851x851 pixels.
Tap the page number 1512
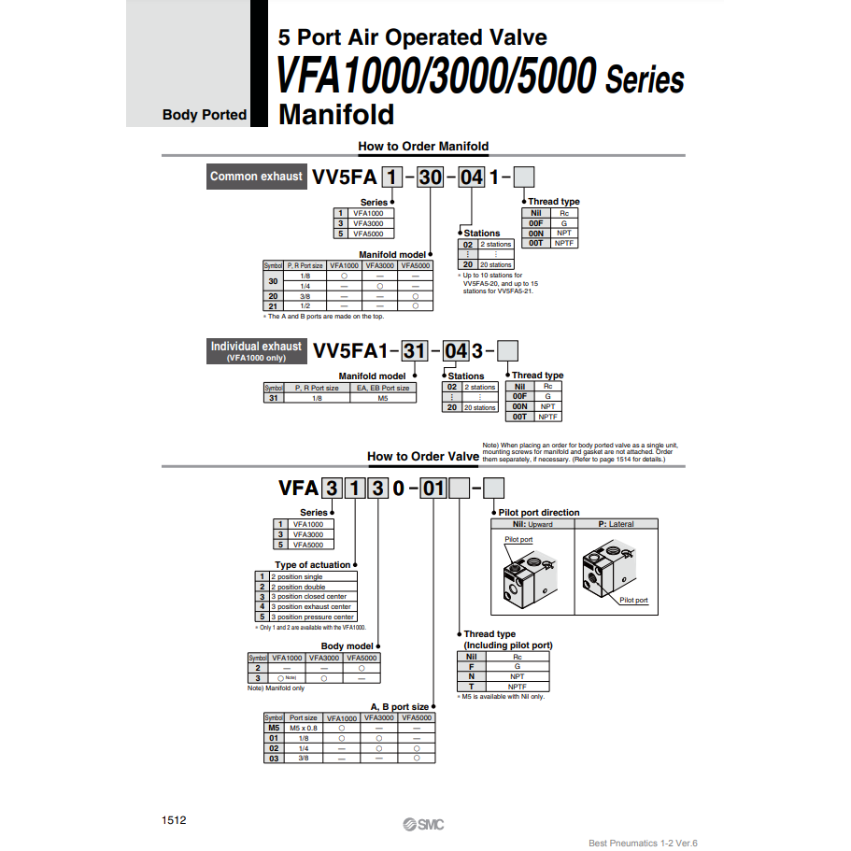[x=175, y=820]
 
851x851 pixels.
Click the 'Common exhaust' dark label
[x=256, y=177]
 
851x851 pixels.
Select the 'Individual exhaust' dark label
[x=256, y=350]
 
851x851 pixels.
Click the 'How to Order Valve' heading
[x=422, y=456]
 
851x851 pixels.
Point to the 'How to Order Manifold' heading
[x=423, y=146]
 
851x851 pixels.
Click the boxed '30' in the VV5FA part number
[x=430, y=177]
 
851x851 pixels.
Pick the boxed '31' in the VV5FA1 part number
[x=415, y=350]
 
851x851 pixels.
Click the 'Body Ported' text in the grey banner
[x=205, y=115]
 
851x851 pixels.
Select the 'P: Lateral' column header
[x=616, y=524]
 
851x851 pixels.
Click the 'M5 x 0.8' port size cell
[x=303, y=728]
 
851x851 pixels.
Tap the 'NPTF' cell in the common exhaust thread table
[x=563, y=243]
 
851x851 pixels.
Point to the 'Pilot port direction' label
[x=540, y=512]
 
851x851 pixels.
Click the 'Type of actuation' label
[x=313, y=564]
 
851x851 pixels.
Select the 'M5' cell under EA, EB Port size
[x=383, y=398]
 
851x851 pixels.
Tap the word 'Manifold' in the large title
[x=336, y=115]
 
